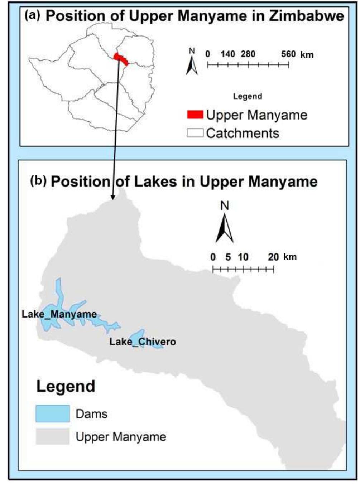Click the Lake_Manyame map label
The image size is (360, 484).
click(x=59, y=314)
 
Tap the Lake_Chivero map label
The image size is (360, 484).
click(x=143, y=342)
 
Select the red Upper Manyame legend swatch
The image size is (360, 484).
click(x=195, y=115)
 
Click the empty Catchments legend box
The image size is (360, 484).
click(x=195, y=133)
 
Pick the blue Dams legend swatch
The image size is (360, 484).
click(x=52, y=414)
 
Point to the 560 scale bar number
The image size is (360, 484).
click(x=288, y=54)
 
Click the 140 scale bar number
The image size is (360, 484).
click(x=228, y=54)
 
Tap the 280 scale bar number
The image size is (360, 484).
click(x=248, y=54)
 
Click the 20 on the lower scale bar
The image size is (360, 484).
click(x=273, y=257)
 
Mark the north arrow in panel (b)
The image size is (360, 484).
click(x=225, y=226)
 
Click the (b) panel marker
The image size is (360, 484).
click(x=39, y=181)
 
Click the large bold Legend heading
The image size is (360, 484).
click(x=66, y=386)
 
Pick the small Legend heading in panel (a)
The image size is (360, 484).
click(x=248, y=96)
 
